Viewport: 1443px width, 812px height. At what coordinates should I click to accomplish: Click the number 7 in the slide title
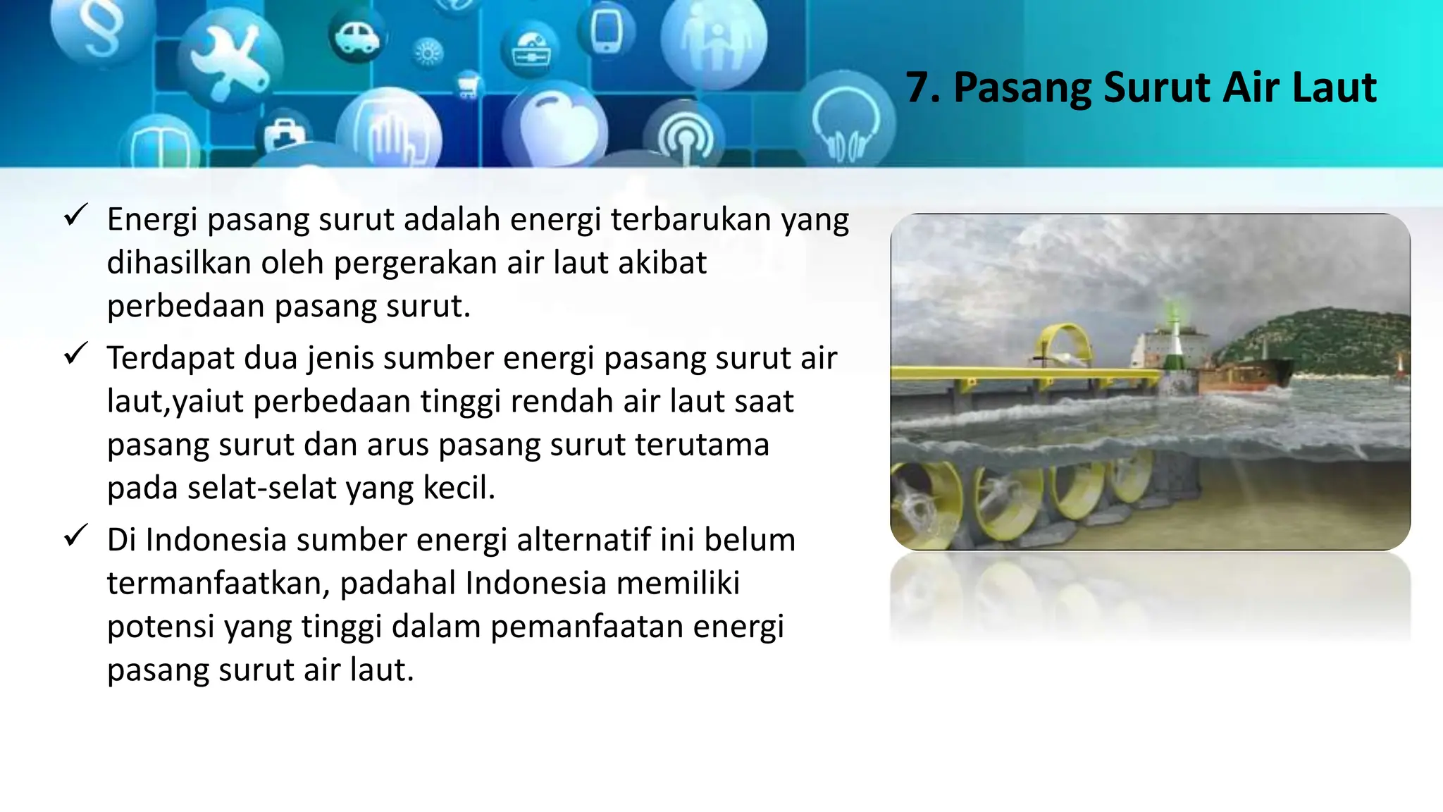point(919,89)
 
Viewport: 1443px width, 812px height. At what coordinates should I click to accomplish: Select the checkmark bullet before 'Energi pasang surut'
point(75,215)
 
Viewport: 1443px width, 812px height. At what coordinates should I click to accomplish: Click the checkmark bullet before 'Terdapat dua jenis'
point(75,353)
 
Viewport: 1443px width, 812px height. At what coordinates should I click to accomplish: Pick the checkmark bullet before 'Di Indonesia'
point(75,535)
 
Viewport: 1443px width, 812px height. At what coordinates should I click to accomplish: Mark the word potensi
point(161,627)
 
